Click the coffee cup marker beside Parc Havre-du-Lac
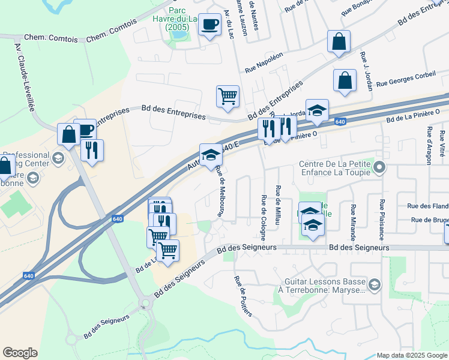click(209, 25)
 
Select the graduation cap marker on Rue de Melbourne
click(211, 155)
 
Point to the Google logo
click(20, 353)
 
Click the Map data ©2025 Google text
click(412, 355)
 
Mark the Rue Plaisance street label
click(381, 216)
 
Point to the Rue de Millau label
click(278, 204)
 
